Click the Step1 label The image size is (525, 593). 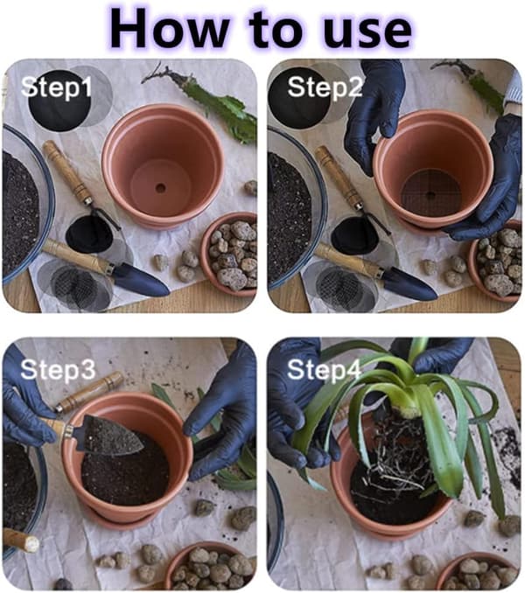[x=56, y=87]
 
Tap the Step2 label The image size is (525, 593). [x=325, y=87]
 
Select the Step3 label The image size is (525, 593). [x=58, y=369]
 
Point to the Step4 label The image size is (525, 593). [x=324, y=369]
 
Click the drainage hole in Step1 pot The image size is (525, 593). [x=160, y=187]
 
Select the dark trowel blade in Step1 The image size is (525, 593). [x=141, y=281]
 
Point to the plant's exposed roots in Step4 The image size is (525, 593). [x=397, y=454]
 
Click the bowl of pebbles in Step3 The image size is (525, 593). [x=210, y=568]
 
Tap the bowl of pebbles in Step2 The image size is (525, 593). [x=496, y=261]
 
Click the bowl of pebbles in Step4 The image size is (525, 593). [x=479, y=572]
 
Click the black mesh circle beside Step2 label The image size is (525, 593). [x=299, y=98]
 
